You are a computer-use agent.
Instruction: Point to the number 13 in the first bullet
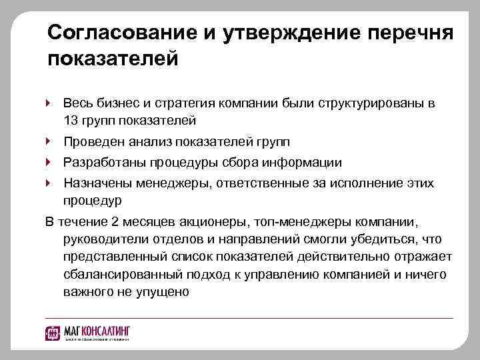coord(71,121)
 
